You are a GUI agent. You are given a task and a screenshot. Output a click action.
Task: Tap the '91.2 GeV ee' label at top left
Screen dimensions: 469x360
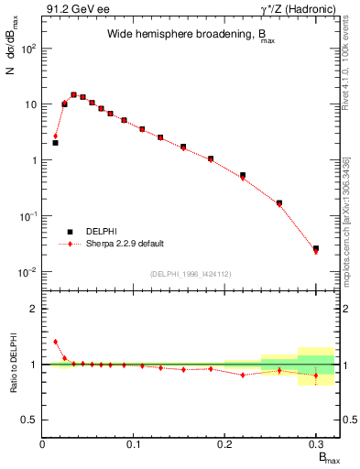coord(74,8)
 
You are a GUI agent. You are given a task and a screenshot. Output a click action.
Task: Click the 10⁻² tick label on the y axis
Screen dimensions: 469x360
coord(27,272)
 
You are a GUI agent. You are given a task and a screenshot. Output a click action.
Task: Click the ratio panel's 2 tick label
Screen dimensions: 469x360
coord(34,309)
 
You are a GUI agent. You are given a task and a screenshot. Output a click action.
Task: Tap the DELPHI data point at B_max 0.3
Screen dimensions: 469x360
coord(316,248)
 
